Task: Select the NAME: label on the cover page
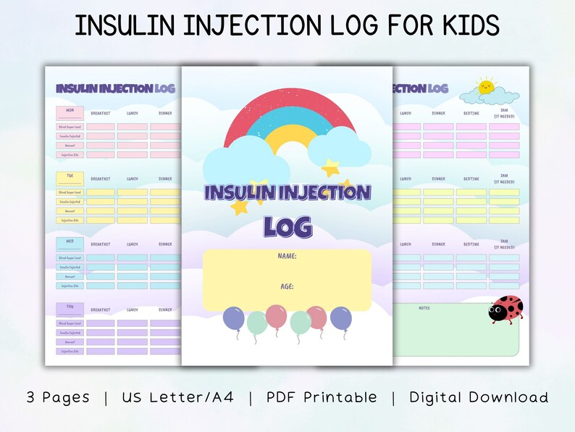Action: point(287,257)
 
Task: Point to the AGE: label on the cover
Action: point(287,286)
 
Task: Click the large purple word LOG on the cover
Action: point(287,226)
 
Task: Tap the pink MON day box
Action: point(70,113)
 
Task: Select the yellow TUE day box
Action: point(70,178)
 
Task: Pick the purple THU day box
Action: point(70,309)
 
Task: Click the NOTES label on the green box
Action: point(424,308)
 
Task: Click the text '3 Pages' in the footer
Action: point(58,397)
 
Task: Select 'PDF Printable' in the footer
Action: point(322,397)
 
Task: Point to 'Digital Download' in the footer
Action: point(479,397)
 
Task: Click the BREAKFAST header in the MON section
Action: point(101,113)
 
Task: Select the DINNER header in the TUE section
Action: point(165,179)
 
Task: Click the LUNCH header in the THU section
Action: point(133,310)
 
